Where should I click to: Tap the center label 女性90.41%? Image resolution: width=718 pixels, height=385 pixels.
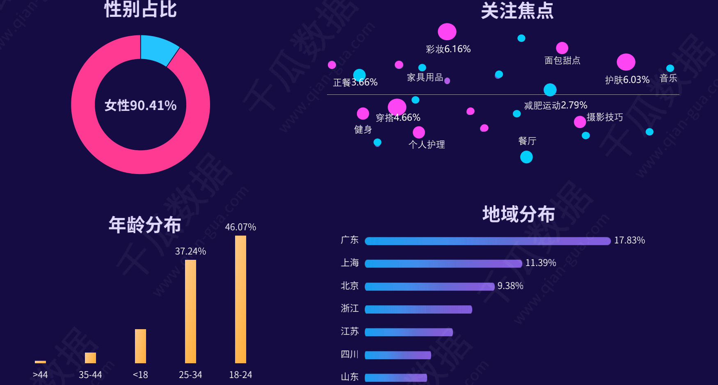point(140,105)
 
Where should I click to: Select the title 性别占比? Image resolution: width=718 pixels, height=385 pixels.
point(140,9)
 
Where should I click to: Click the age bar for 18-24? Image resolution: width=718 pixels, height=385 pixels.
point(240,299)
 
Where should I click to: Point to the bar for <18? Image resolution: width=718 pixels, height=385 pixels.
point(140,346)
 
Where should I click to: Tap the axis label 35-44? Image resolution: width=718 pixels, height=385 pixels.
point(90,375)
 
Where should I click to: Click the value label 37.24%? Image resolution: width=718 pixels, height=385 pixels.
point(190,251)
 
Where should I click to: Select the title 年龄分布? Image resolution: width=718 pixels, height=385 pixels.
point(145,225)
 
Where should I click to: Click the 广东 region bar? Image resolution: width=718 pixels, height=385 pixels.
point(487,241)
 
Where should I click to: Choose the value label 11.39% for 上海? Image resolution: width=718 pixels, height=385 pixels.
point(541,263)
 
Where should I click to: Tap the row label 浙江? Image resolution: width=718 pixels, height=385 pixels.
point(350,308)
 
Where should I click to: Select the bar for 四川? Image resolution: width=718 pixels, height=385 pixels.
point(398,355)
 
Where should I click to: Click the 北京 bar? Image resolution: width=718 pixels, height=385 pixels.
point(429,286)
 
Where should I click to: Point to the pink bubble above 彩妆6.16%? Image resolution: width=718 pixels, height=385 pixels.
point(447,32)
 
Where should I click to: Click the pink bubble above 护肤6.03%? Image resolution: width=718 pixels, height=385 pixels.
point(626,62)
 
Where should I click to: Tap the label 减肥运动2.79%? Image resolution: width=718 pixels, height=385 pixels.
point(556,105)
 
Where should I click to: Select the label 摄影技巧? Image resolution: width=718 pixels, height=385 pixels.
point(605,117)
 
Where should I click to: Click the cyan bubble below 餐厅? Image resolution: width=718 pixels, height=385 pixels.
point(526,157)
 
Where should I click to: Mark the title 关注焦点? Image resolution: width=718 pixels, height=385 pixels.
point(517,11)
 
